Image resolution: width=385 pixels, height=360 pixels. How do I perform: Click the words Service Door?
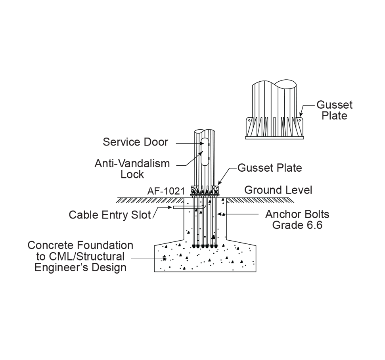point(136,142)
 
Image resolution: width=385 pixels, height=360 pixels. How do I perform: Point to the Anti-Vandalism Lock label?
point(132,169)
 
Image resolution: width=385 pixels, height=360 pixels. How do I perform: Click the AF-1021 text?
point(166,191)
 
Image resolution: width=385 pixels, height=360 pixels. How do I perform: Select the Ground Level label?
point(278,190)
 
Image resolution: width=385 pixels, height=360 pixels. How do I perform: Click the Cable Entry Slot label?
point(110,215)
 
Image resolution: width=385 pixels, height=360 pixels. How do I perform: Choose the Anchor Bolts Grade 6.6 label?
point(297,220)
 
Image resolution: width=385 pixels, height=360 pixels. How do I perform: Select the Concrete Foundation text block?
point(80,256)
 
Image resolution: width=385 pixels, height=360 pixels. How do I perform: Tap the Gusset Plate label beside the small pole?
point(270,168)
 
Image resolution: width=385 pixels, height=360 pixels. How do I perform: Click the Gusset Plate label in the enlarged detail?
point(334,110)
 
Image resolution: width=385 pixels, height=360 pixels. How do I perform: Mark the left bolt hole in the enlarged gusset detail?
point(249,120)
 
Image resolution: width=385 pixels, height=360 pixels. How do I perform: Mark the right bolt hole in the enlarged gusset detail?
point(300,120)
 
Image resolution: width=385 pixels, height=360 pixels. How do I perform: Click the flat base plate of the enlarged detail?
point(274,137)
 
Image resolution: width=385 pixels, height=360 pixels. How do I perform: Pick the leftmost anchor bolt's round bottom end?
point(194,246)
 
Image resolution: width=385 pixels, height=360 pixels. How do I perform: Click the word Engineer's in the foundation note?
point(58,267)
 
